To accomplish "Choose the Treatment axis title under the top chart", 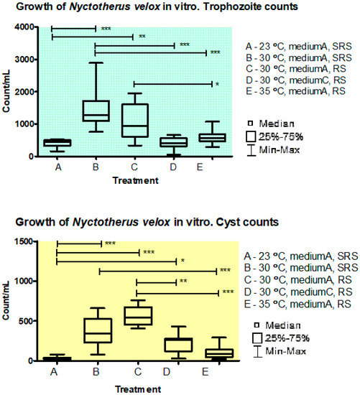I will [134, 180].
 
